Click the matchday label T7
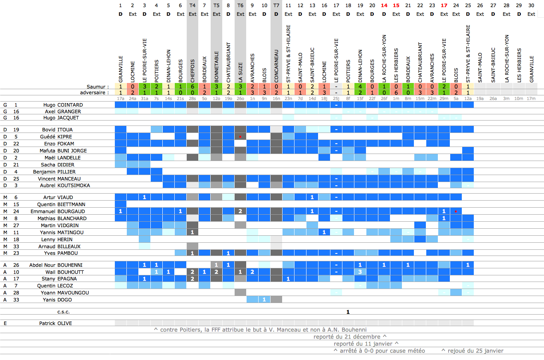276,5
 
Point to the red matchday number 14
384,5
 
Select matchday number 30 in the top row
531,5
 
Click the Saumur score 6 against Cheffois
192,87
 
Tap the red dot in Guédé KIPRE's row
240,136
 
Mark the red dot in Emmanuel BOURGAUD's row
456,211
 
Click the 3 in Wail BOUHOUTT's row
360,272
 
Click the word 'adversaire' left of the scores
95,93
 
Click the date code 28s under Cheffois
192,99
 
